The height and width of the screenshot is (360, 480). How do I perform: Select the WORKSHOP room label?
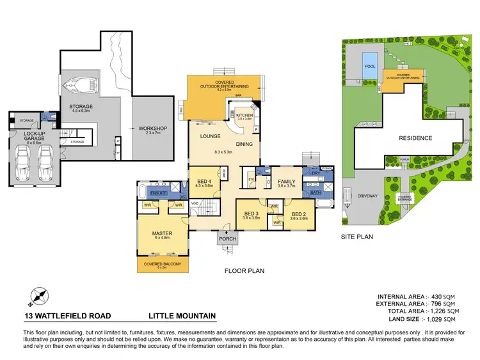(x=152, y=129)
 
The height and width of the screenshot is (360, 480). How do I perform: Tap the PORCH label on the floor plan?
(x=227, y=240)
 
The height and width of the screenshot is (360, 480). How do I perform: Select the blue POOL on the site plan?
(x=369, y=67)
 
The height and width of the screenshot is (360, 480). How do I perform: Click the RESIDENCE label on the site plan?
(x=415, y=138)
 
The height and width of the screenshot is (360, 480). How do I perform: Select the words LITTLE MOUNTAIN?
(x=182, y=316)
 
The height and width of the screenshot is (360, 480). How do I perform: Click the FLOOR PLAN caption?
(x=244, y=270)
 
